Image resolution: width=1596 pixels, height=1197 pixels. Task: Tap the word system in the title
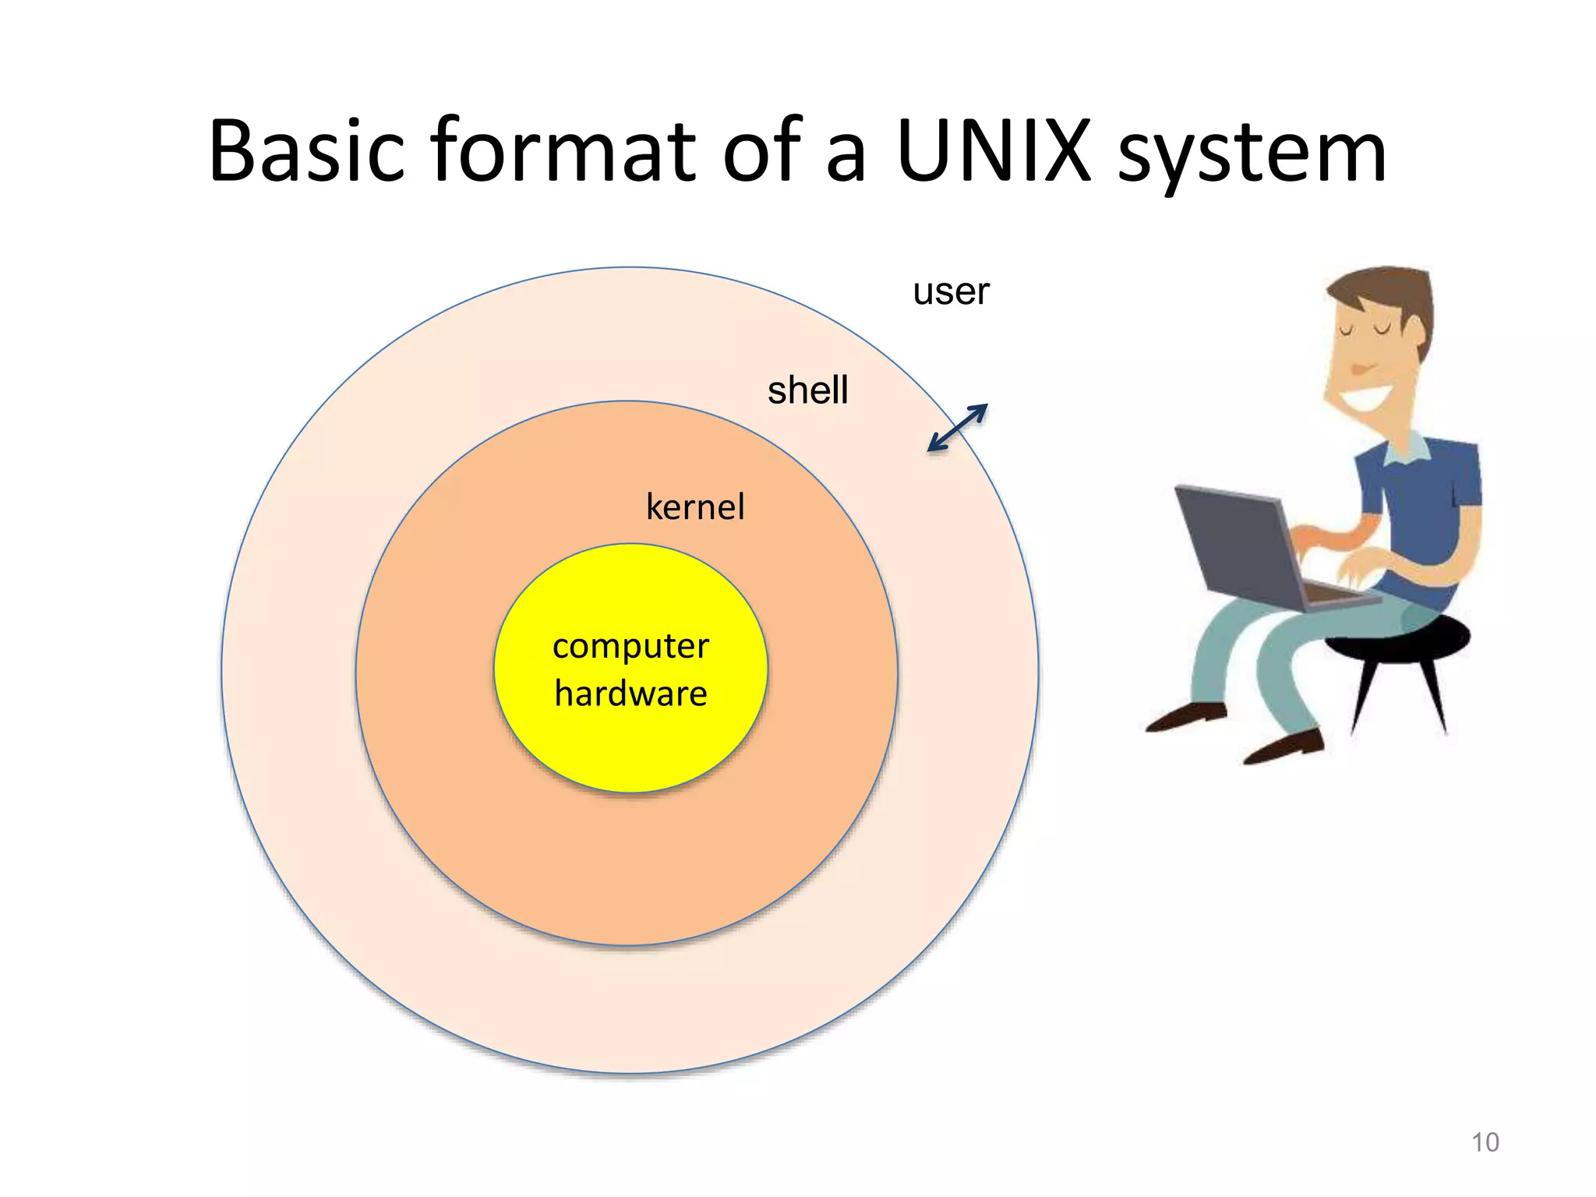pos(1252,156)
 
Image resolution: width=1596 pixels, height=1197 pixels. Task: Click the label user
pos(951,292)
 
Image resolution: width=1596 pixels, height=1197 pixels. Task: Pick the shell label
pos(807,390)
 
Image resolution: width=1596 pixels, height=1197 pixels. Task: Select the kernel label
pos(695,507)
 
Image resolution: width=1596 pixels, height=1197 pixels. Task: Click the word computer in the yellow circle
pos(630,647)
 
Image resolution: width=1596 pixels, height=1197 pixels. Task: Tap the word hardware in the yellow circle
pos(630,693)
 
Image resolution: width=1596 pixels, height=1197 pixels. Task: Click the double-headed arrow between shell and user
pos(958,428)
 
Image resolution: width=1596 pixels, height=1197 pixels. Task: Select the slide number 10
pos(1485,1142)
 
